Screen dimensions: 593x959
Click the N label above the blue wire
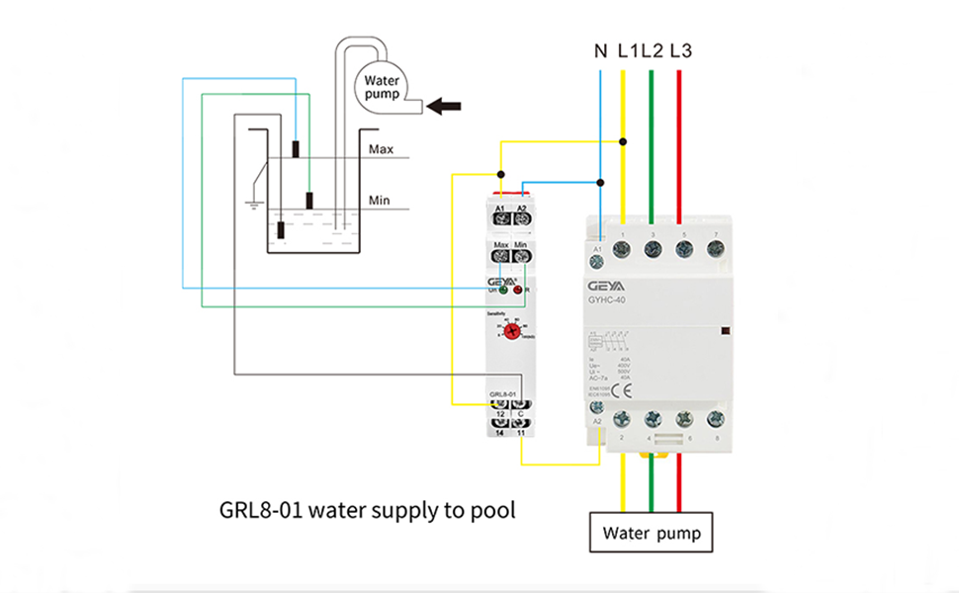(x=600, y=50)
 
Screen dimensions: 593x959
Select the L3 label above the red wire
(x=680, y=50)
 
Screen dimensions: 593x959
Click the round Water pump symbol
(x=382, y=87)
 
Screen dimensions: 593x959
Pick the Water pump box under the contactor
(x=651, y=534)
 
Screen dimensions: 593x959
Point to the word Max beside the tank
(x=381, y=150)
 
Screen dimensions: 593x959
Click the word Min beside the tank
(x=379, y=201)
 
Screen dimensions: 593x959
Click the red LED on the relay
(x=518, y=289)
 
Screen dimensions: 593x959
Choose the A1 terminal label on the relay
(x=500, y=209)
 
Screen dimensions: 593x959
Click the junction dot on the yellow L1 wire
(x=623, y=141)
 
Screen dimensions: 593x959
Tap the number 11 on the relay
(x=521, y=433)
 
